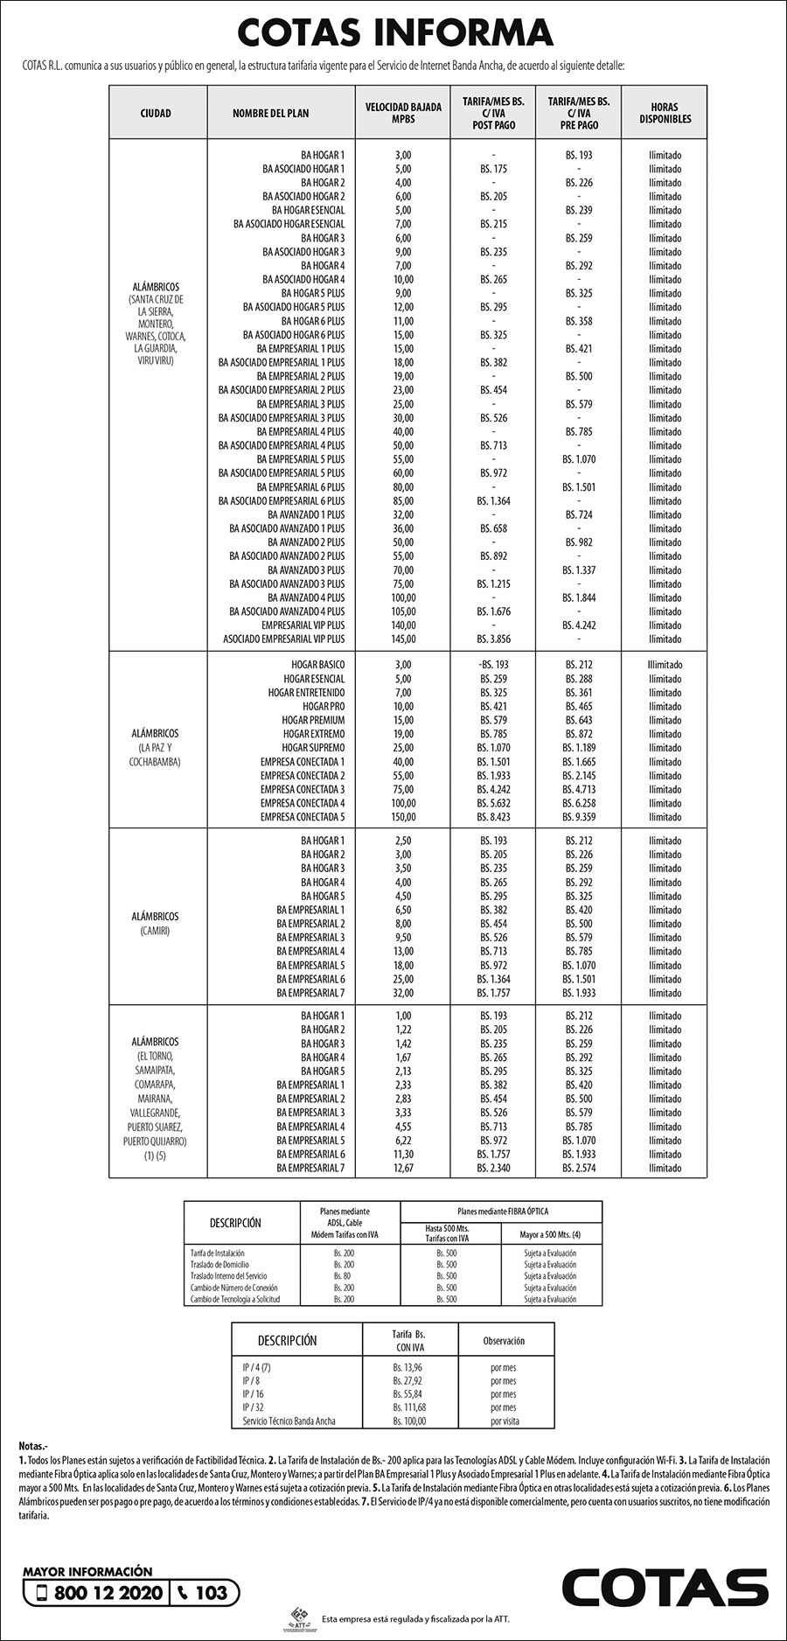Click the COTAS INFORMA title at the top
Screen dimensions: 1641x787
click(x=395, y=33)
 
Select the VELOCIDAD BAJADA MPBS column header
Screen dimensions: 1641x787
click(x=403, y=113)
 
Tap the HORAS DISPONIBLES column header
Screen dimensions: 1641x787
click(x=665, y=113)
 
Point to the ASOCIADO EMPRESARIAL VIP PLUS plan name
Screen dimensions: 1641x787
click(x=284, y=639)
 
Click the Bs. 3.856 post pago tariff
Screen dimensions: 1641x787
click(x=493, y=639)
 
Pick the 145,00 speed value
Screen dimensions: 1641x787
click(x=403, y=639)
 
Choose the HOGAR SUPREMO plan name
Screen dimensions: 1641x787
click(x=313, y=748)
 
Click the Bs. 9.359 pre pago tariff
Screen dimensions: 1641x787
click(x=579, y=817)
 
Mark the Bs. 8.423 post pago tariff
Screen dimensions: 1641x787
click(x=493, y=817)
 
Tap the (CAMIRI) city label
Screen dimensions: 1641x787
click(x=154, y=931)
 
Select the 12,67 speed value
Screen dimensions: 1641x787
click(x=403, y=1168)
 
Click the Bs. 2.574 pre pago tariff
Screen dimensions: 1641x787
click(x=579, y=1168)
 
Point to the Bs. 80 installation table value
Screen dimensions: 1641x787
click(x=343, y=1276)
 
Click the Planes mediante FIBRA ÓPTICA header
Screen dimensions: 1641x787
click(x=501, y=1212)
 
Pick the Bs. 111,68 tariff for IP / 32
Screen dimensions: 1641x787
click(x=409, y=1407)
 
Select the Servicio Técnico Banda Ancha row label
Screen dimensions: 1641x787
click(x=289, y=1421)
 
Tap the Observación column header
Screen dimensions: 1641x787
click(x=504, y=1340)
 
